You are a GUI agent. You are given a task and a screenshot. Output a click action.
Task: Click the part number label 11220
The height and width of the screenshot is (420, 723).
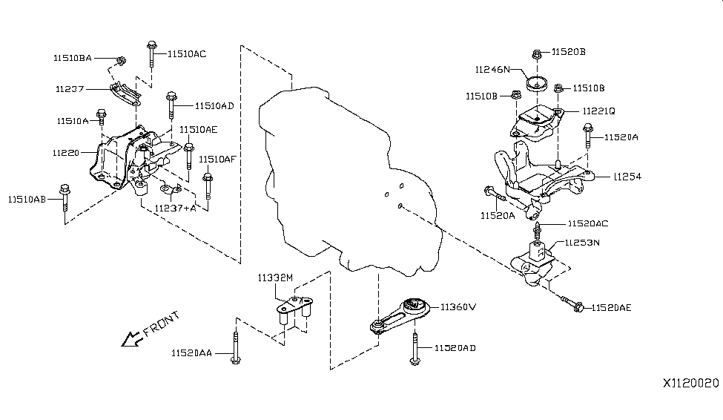[x=65, y=152]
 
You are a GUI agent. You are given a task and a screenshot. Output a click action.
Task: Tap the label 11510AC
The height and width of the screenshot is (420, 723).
[x=186, y=53]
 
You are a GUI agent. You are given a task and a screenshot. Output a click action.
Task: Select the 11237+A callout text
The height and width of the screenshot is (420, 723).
[x=176, y=209]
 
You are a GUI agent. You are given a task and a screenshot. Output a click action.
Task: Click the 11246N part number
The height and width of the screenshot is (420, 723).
[x=493, y=70]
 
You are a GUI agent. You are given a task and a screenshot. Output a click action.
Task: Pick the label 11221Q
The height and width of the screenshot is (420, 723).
[x=598, y=111]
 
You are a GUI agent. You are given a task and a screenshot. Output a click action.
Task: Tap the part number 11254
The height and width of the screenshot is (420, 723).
[x=627, y=177]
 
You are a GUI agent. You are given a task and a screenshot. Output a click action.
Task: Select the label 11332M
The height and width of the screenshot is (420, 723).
[x=276, y=278]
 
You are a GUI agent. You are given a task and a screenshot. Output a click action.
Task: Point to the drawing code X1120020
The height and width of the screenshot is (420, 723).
[x=691, y=384]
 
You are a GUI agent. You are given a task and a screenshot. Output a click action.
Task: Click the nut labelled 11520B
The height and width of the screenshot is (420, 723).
[x=538, y=53]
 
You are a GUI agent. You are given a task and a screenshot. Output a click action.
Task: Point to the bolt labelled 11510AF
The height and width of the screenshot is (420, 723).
[x=208, y=186]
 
